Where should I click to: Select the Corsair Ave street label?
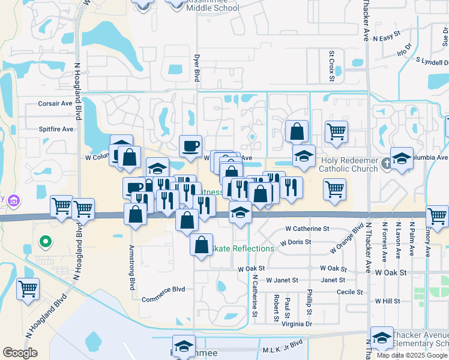tap(55, 103)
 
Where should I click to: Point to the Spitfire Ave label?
tap(56, 129)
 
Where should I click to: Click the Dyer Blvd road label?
tap(196, 68)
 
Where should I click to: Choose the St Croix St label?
tap(331, 62)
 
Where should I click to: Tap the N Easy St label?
tap(386, 38)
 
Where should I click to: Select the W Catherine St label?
tap(307, 229)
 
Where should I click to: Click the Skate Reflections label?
tap(244, 248)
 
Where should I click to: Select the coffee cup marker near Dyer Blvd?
tap(191, 146)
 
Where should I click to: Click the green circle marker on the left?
tap(44, 242)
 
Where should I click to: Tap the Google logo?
tap(20, 353)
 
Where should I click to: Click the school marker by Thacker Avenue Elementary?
tap(382, 338)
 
